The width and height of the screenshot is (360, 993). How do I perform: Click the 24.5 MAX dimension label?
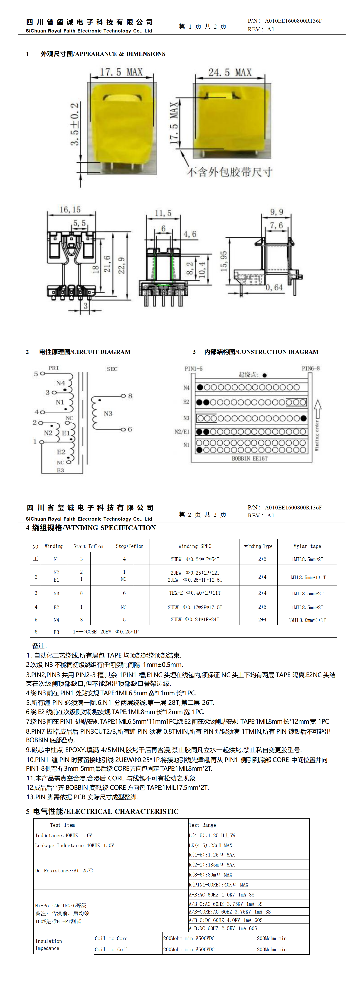coord(230,72)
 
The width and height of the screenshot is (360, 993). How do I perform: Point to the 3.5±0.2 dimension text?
coord(75,124)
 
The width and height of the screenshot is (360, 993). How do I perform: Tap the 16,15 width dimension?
coord(70,209)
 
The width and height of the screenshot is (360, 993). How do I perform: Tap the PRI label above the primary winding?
coord(54,368)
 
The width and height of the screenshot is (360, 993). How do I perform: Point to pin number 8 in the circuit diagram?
coord(130,396)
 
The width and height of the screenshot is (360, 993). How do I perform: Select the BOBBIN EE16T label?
coord(249,458)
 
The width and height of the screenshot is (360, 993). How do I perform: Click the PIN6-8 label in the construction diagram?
coord(311,369)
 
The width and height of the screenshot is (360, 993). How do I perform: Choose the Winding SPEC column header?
coord(195,546)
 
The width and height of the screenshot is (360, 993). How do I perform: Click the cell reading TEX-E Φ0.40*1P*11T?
coord(195,593)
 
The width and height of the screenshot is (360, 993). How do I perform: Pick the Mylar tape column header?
coord(307,546)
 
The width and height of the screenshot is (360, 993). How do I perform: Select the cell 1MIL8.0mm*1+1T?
coord(307,620)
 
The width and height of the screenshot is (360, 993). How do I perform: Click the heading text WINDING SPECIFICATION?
coord(111,528)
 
